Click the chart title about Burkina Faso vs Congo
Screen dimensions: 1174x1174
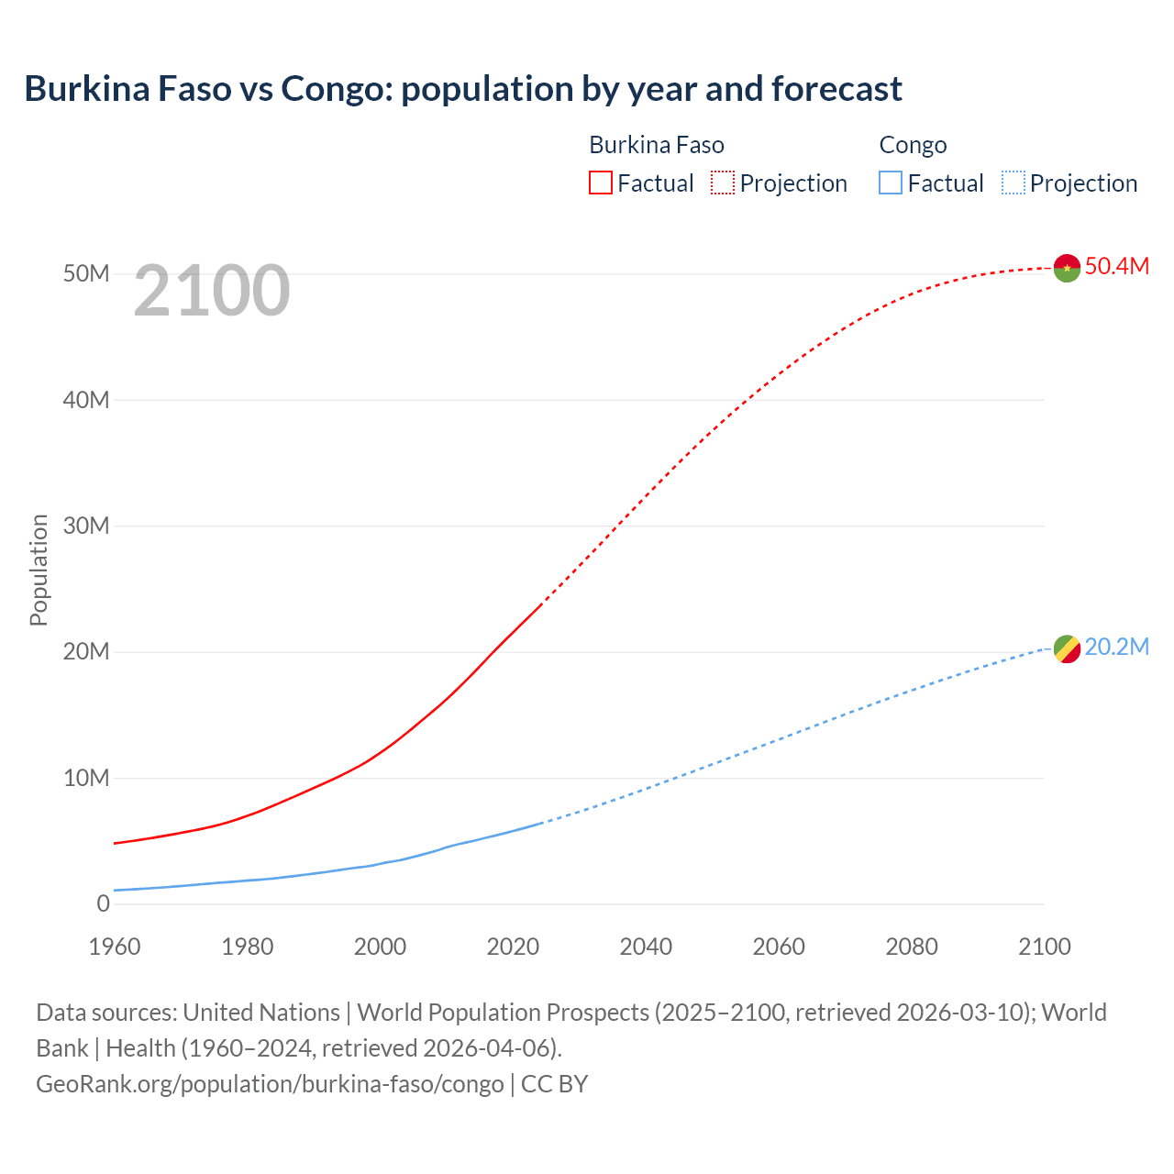point(463,89)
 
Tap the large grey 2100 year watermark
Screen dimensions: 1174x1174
point(212,291)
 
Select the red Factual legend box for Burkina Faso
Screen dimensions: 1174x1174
point(600,183)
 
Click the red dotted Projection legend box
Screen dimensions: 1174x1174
point(723,183)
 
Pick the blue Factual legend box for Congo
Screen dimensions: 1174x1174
point(891,183)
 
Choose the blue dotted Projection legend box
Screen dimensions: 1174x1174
point(1013,183)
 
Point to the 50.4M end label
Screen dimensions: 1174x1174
point(1116,266)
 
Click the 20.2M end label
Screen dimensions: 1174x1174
point(1116,647)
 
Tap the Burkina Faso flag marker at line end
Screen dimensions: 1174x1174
point(1067,268)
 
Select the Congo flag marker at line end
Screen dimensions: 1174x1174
point(1067,649)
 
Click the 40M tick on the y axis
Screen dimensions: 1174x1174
point(86,400)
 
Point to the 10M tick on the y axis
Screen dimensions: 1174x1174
point(86,778)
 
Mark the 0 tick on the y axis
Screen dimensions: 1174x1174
point(103,903)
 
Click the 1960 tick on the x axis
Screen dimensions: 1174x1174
point(115,947)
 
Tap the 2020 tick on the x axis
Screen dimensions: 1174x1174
point(513,947)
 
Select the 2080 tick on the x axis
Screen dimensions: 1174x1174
point(912,947)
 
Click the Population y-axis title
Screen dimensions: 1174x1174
point(39,570)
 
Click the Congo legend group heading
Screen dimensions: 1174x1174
point(913,145)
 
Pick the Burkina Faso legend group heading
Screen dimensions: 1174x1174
point(657,145)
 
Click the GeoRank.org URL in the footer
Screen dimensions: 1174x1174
point(270,1084)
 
